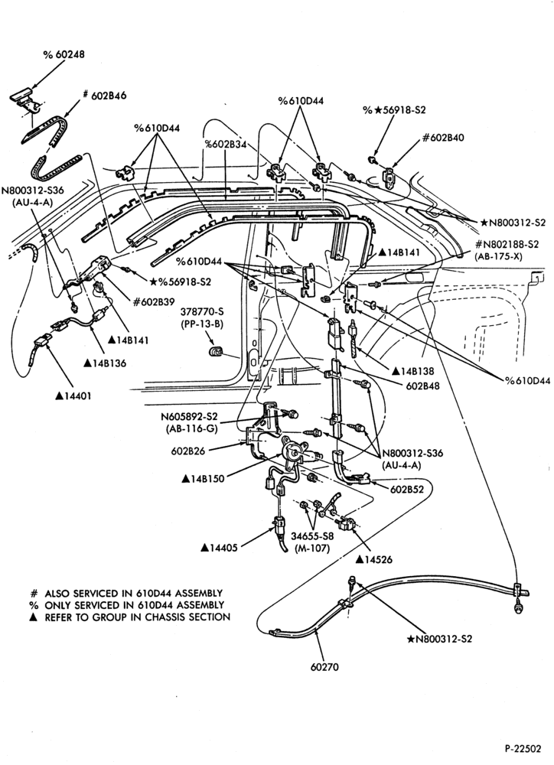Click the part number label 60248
[x=64, y=54]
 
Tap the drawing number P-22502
[x=523, y=748]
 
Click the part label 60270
[x=324, y=666]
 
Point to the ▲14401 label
[x=73, y=396]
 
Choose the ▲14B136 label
[x=106, y=363]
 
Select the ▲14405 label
[x=219, y=548]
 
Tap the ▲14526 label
[x=374, y=559]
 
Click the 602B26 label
[x=188, y=451]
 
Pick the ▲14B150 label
[x=203, y=479]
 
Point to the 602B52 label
[x=406, y=488]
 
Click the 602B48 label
[x=422, y=386]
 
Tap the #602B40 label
[x=443, y=138]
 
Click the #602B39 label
[x=154, y=301]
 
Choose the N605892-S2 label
[x=189, y=417]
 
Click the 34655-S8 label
[x=312, y=535]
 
